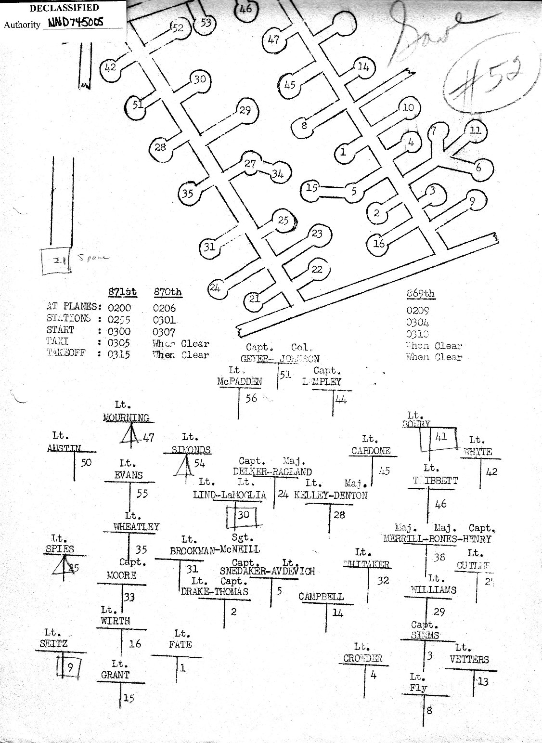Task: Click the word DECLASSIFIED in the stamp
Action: tap(64, 8)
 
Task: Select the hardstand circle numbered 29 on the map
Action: tap(245, 111)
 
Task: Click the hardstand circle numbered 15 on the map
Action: tap(312, 187)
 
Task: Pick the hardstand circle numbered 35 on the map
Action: tap(188, 194)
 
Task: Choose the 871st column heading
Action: tap(123, 292)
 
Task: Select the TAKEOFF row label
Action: tap(67, 353)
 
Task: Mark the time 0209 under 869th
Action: tap(417, 311)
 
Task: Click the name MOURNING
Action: tap(126, 417)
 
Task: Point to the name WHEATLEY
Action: tap(136, 527)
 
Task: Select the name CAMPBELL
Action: tap(321, 597)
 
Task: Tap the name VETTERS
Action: tap(469, 660)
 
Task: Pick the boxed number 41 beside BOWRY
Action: tap(441, 437)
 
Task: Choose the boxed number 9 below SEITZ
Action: tap(70, 667)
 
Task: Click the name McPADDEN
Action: tap(239, 382)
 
